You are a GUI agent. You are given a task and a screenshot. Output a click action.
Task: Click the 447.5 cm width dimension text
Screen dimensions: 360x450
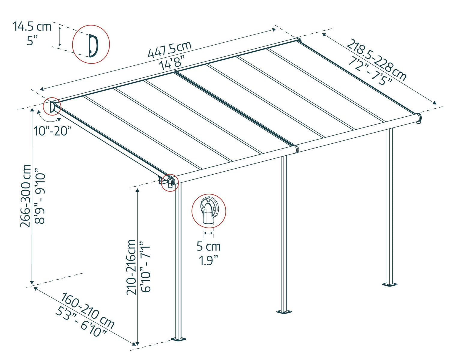[x=169, y=49]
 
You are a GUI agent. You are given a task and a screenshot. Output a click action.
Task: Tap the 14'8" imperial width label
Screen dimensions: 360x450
[x=172, y=64]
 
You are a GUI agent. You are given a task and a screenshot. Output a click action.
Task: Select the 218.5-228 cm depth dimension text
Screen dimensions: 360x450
[x=376, y=60]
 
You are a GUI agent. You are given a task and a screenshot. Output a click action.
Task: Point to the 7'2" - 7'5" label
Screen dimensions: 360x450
[x=370, y=72]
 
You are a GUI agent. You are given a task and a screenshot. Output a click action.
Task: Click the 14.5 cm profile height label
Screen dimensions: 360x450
[x=32, y=26]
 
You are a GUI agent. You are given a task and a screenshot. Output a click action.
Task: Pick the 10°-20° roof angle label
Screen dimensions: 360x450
[x=52, y=131]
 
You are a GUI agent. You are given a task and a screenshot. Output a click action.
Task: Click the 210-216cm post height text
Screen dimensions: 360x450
[x=131, y=267]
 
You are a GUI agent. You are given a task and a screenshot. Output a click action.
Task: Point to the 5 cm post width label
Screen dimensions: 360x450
[x=208, y=246]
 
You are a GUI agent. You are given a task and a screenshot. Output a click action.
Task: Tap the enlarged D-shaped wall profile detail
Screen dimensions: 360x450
[x=91, y=44]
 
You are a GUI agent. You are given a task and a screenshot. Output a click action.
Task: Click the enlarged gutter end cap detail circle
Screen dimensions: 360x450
[x=208, y=211]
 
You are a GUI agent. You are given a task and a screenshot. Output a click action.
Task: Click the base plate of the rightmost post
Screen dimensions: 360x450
[x=390, y=284]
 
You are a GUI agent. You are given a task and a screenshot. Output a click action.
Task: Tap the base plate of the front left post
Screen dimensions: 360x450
[x=178, y=339]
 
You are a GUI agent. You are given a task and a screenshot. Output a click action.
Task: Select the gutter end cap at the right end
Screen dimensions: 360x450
[x=419, y=118]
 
